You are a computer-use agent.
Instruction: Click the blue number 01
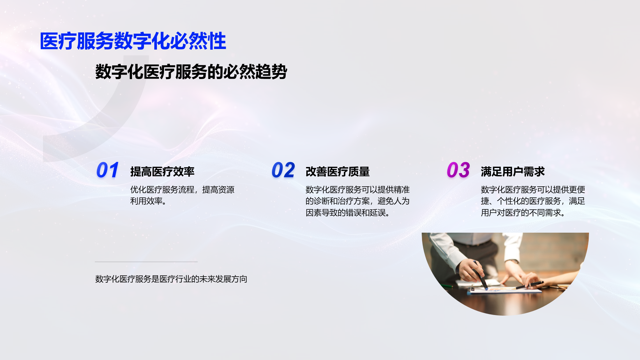click(107, 170)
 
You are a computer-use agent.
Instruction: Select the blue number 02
click(283, 170)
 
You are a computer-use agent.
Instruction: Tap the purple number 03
click(458, 170)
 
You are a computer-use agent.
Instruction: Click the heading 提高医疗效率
click(162, 172)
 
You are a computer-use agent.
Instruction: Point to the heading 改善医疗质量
click(338, 172)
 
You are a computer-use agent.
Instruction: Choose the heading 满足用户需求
click(513, 172)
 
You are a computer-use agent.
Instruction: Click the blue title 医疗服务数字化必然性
click(133, 41)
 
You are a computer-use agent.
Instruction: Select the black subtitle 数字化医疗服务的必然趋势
click(191, 72)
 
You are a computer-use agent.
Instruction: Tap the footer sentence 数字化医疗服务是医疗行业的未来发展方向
click(171, 279)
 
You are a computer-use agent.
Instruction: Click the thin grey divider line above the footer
click(146, 262)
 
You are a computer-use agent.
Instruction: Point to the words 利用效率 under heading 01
click(146, 201)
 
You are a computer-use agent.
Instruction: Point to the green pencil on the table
click(447, 286)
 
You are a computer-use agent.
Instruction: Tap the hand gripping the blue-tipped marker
click(472, 270)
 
